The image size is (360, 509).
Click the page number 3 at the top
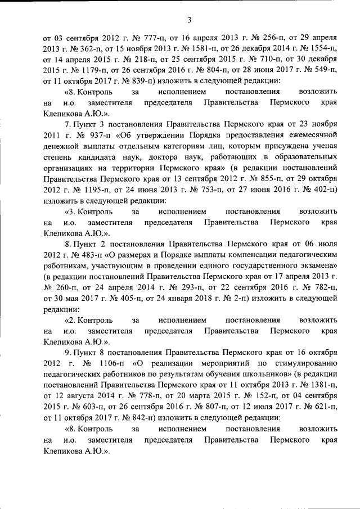pyautogui.click(x=190, y=21)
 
